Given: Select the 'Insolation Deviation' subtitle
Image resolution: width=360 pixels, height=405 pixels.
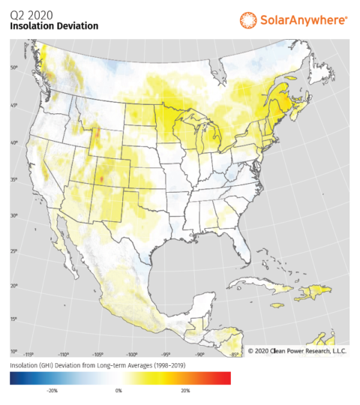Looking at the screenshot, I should click(53, 25).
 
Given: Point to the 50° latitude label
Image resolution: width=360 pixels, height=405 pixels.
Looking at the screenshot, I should click(14, 68).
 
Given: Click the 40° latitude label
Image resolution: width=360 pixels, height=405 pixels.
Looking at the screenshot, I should click(14, 142).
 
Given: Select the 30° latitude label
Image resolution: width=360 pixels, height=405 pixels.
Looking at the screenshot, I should click(14, 215).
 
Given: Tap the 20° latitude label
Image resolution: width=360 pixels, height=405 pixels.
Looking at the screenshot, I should click(14, 286).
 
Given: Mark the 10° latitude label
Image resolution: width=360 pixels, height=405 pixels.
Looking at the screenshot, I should click(14, 351).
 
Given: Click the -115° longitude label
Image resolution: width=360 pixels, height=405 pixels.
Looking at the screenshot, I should click(30, 354).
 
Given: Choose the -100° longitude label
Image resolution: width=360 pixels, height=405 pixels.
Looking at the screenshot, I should click(131, 354).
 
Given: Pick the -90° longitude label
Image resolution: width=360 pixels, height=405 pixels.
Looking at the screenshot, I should click(199, 354).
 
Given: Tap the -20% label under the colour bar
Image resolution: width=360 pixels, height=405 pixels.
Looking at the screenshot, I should click(52, 390).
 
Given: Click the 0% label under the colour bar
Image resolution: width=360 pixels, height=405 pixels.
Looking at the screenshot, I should click(118, 390).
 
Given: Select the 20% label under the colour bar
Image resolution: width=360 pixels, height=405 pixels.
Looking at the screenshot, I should click(185, 390).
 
